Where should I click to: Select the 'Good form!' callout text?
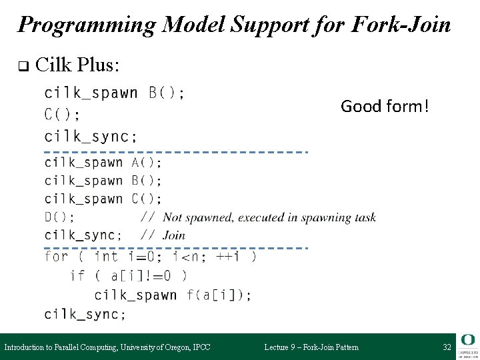384,105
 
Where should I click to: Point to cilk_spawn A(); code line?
103,162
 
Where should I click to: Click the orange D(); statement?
59,217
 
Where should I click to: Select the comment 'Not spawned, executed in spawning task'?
269,217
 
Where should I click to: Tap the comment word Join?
173,235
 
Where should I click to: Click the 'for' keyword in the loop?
55,256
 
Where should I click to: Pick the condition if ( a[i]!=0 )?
129,275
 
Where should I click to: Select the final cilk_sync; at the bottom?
84,313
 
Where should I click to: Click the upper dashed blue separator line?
176,151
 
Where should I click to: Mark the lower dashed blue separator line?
176,247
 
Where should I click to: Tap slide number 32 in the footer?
446,347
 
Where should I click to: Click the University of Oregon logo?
466,345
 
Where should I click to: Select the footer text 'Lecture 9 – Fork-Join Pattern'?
311,347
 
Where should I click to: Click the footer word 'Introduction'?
26,347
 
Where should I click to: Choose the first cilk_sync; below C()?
91,136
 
